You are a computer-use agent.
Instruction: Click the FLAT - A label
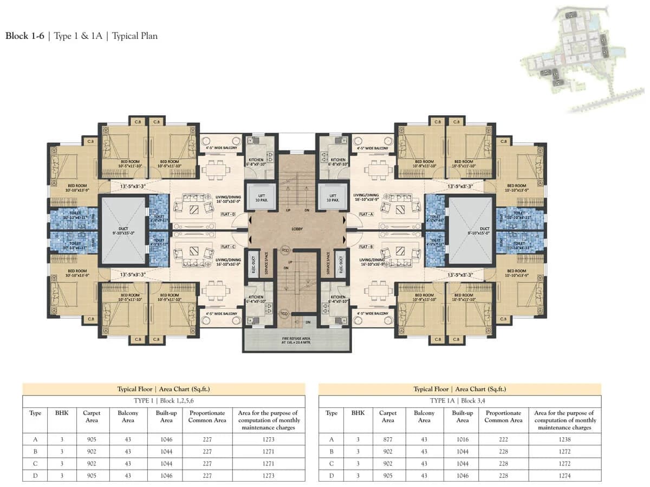pos(366,214)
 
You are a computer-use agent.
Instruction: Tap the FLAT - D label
pos(228,214)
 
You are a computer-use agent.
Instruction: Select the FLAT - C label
pos(228,246)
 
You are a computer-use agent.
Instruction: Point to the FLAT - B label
pos(366,246)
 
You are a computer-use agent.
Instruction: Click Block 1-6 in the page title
pos(25,36)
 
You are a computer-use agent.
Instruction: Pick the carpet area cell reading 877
pos(387,439)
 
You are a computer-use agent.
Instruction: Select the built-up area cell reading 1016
pos(462,439)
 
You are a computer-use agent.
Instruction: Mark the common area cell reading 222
pos(503,439)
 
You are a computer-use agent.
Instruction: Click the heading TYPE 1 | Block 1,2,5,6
pos(163,400)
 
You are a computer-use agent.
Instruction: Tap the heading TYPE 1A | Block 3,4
pos(459,400)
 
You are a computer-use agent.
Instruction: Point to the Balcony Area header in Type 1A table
pos(424,417)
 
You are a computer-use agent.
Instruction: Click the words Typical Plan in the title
pos(135,36)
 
